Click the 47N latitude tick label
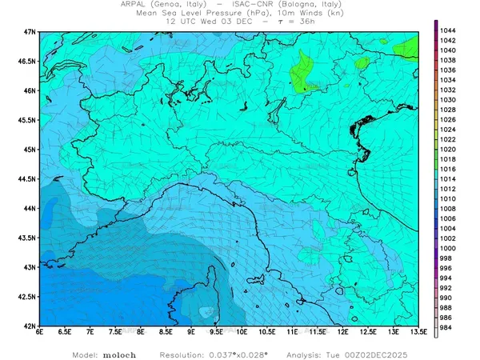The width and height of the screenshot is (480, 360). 30,31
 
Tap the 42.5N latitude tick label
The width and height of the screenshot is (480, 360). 28,297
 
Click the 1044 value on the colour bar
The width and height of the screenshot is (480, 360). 448,30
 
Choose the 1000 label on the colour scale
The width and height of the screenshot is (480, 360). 448,248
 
